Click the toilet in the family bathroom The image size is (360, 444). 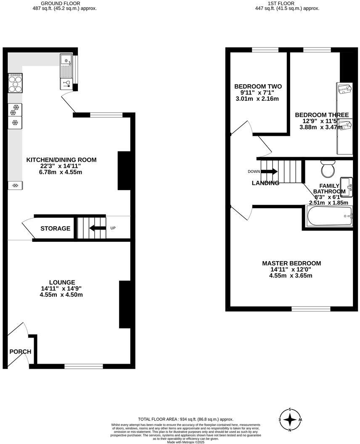(x=327, y=169)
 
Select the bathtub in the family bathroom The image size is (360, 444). (x=327, y=217)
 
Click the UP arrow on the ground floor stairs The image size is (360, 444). (x=97, y=228)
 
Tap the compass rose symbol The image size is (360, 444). (x=290, y=420)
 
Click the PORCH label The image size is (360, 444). (x=20, y=351)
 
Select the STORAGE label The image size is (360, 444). (x=55, y=228)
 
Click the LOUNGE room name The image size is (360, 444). (x=62, y=282)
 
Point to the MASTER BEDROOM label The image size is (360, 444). (x=291, y=263)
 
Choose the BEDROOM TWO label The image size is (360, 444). (x=258, y=87)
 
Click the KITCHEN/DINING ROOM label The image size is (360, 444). (x=61, y=160)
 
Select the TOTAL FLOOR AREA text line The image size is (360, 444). (x=185, y=419)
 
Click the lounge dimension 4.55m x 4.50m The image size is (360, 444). (x=62, y=295)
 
